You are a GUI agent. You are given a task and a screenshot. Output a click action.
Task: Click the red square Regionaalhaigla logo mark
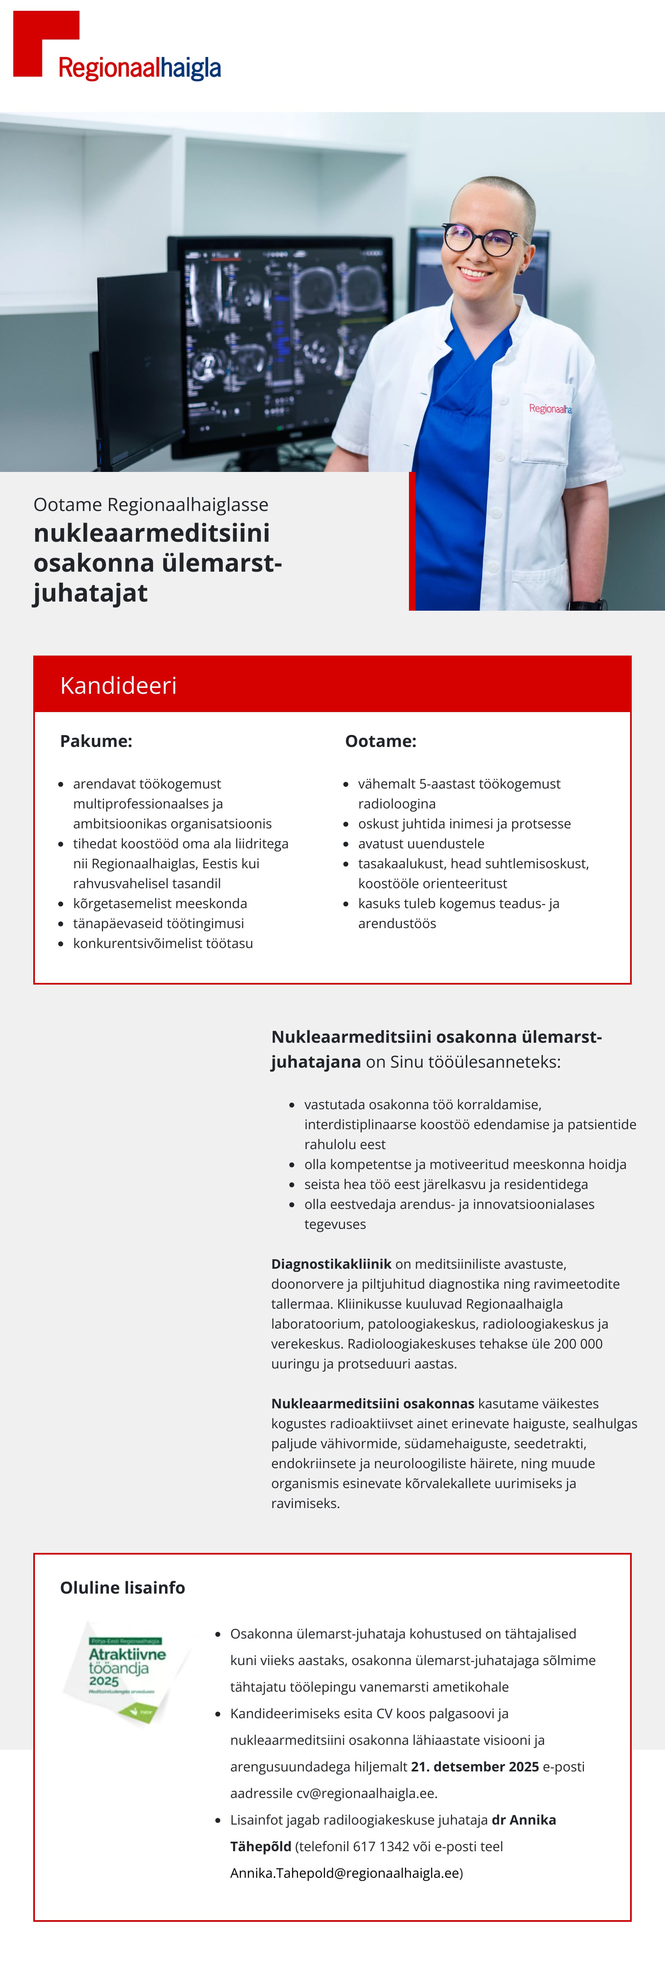pos(38,38)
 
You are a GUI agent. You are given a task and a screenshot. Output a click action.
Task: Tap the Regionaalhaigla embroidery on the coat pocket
pos(549,409)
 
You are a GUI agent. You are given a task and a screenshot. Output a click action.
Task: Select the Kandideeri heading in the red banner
pos(118,685)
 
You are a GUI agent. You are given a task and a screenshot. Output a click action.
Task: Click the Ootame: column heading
pos(380,741)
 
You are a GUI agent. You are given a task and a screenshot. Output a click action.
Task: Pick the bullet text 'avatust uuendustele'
pos(421,843)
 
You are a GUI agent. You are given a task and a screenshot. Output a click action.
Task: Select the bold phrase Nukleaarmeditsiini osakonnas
pos(373,1403)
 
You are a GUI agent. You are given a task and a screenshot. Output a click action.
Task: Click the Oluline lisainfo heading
pos(123,1588)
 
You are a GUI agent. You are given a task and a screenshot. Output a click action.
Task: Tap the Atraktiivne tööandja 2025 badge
pos(126,1671)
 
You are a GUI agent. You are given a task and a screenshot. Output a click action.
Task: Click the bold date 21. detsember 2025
pos(475,1766)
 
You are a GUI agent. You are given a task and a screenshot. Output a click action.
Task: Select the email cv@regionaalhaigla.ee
pos(366,1793)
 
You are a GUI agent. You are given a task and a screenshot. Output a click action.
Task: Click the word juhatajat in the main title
pos(90,593)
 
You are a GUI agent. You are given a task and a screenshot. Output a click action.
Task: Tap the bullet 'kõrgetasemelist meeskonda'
pos(160,903)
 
